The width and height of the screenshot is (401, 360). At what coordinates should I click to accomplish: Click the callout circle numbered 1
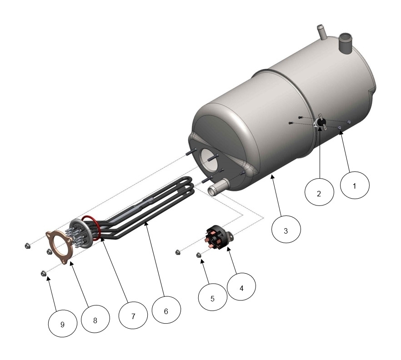355,185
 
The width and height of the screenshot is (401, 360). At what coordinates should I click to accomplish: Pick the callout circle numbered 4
241,287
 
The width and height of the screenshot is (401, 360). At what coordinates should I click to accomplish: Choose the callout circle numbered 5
212,297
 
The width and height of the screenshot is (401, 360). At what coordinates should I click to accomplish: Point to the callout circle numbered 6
166,310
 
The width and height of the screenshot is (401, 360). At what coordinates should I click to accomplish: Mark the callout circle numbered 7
133,315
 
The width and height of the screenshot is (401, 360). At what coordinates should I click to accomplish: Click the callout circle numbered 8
95,319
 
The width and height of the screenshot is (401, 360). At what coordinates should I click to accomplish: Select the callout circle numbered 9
62,323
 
